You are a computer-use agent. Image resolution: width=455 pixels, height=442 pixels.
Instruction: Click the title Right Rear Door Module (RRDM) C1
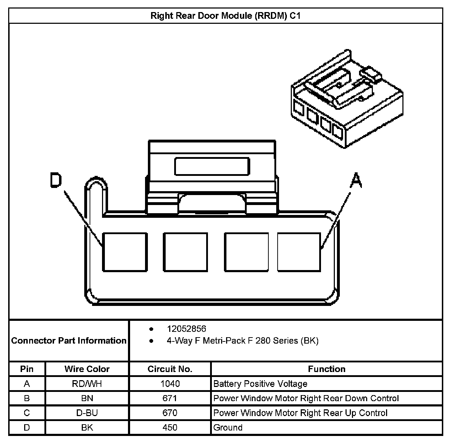pyautogui.click(x=225, y=16)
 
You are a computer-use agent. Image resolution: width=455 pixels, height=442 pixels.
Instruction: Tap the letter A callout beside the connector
pyautogui.click(x=356, y=180)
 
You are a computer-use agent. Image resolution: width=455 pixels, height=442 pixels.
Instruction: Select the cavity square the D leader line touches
pyautogui.click(x=125, y=252)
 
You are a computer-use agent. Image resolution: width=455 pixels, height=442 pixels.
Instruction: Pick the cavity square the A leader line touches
pyautogui.click(x=299, y=252)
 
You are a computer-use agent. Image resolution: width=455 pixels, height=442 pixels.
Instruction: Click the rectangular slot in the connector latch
pyautogui.click(x=212, y=166)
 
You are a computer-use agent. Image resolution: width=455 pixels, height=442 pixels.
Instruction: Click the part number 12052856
pyautogui.click(x=186, y=329)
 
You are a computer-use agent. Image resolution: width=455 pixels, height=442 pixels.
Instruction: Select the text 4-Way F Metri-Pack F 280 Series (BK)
pyautogui.click(x=242, y=341)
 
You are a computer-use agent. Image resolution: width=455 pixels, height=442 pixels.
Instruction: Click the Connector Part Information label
pyautogui.click(x=69, y=341)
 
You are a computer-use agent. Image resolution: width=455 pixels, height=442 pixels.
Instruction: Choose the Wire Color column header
pyautogui.click(x=87, y=369)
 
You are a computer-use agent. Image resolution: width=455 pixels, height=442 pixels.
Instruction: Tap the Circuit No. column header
pyautogui.click(x=170, y=369)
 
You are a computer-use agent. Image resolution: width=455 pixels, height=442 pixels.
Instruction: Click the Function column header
pyautogui.click(x=327, y=369)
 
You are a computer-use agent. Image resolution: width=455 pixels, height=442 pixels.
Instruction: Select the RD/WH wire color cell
pyautogui.click(x=87, y=384)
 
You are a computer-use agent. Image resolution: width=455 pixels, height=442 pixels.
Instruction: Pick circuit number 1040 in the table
pyautogui.click(x=170, y=384)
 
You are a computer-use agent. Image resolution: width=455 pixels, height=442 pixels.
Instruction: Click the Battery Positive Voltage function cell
pyautogui.click(x=260, y=384)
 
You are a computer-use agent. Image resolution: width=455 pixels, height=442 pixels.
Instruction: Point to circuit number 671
pyautogui.click(x=170, y=398)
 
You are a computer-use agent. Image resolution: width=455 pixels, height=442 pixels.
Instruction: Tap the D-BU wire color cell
pyautogui.click(x=87, y=413)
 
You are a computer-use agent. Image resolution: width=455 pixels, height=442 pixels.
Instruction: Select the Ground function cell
pyautogui.click(x=228, y=427)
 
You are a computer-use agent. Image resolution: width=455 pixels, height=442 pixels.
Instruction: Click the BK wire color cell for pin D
pyautogui.click(x=87, y=427)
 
